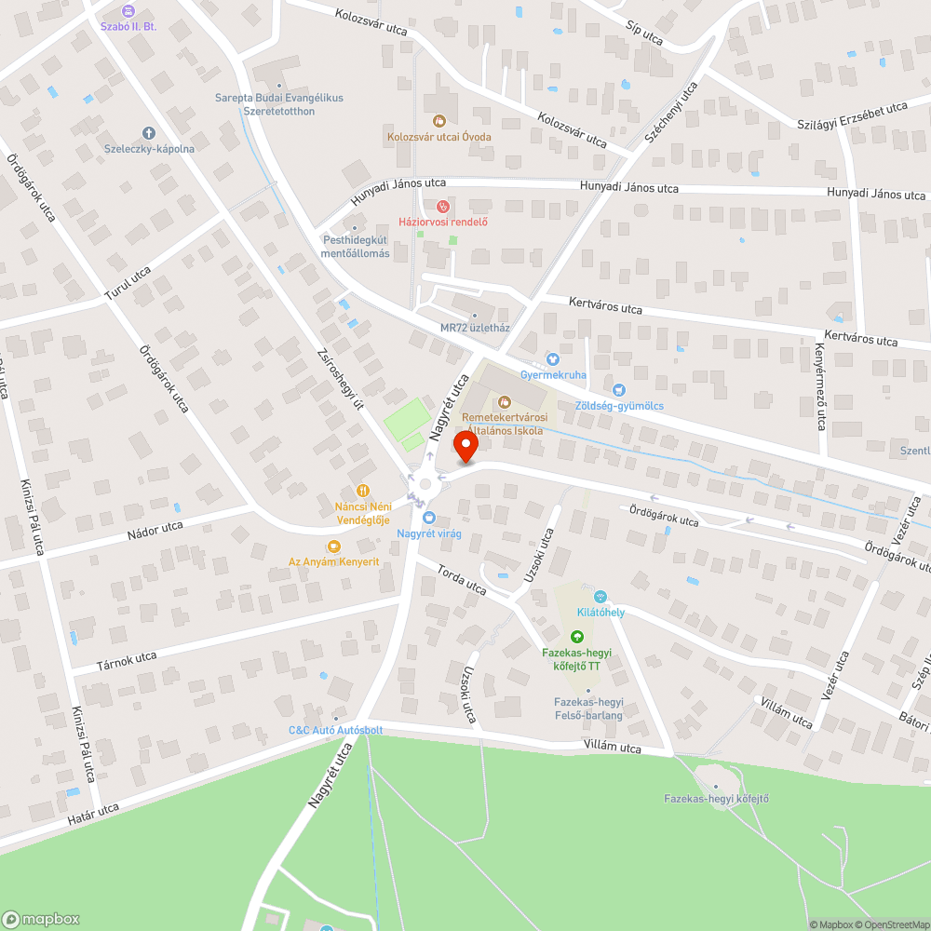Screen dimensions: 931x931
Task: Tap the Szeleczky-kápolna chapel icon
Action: tap(148, 133)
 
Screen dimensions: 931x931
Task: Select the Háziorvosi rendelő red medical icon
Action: tap(443, 206)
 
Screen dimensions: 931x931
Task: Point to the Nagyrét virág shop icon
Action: tap(428, 518)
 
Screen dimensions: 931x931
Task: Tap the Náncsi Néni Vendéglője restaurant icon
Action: tap(362, 491)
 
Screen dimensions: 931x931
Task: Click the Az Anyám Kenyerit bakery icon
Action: tap(332, 546)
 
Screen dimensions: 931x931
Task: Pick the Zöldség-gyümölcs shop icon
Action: tap(619, 389)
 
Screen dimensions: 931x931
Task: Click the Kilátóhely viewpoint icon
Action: tap(600, 596)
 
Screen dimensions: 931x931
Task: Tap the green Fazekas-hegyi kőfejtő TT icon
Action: tap(577, 637)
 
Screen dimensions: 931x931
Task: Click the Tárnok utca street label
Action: tap(127, 662)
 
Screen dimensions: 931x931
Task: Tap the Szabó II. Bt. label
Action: tap(128, 26)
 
